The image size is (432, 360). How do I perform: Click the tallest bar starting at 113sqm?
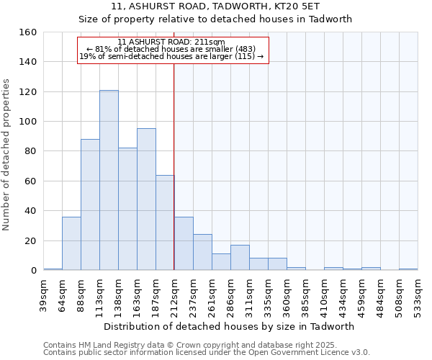(x=109, y=180)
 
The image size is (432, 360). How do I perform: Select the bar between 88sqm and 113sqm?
(x=90, y=204)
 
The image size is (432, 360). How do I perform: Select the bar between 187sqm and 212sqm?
(x=165, y=222)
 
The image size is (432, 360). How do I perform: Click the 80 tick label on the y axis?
(x=30, y=151)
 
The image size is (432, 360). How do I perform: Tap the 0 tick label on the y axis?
(x=33, y=271)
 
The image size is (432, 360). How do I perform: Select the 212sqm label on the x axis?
(x=175, y=296)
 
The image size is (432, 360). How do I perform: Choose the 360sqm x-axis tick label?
(x=287, y=296)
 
